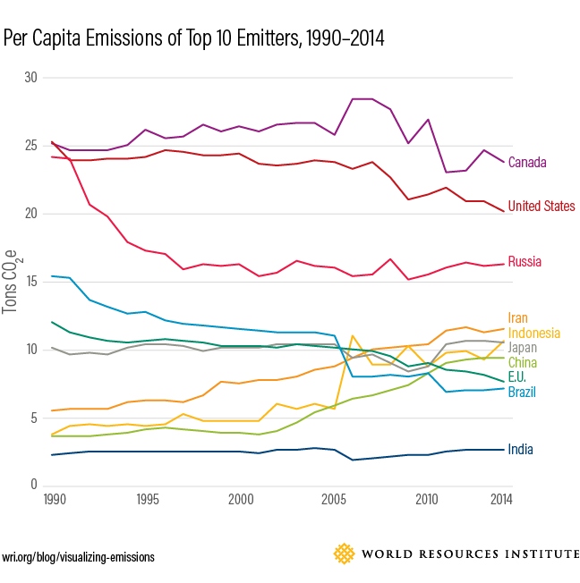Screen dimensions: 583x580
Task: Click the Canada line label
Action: click(x=526, y=163)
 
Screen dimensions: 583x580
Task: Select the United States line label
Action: click(x=541, y=207)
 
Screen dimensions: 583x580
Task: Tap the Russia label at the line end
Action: click(x=525, y=262)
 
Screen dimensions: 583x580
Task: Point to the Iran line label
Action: click(x=517, y=317)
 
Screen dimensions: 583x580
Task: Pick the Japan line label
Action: click(x=522, y=348)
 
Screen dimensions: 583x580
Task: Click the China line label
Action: click(x=522, y=362)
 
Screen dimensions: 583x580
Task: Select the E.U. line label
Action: click(x=518, y=377)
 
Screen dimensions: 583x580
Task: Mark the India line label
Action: click(x=520, y=449)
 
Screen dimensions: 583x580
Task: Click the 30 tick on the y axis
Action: click(x=31, y=78)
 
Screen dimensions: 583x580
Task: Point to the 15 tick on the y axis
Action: click(x=31, y=282)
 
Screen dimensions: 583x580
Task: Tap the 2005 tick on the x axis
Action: click(x=334, y=499)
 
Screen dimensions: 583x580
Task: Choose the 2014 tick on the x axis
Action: click(x=502, y=499)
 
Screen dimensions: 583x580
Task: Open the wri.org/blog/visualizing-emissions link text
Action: click(x=78, y=557)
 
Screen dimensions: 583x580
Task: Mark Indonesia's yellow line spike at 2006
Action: click(x=353, y=336)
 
